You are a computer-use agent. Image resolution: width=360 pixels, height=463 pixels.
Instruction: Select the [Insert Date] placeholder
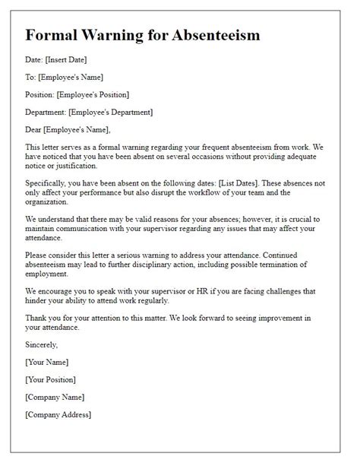point(73,59)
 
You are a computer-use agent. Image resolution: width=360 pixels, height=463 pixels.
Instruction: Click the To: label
point(31,77)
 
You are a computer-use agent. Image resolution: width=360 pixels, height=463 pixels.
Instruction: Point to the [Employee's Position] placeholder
point(95,94)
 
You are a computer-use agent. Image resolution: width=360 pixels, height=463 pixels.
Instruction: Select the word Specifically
point(50,182)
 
